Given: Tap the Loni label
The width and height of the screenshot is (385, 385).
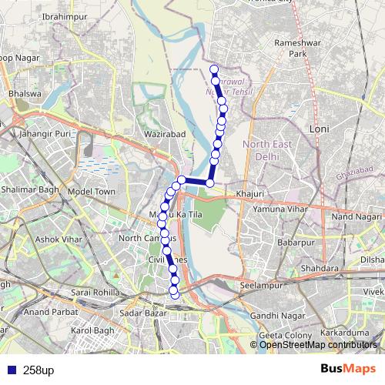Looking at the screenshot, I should pos(319,129).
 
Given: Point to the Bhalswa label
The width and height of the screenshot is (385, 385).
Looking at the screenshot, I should pos(22,94).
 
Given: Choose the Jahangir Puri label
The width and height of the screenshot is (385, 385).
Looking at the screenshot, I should pos(49,133).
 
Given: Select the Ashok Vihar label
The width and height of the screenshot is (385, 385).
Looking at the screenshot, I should pos(58,239).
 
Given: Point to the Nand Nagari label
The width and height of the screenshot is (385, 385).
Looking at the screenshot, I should pos(357,218).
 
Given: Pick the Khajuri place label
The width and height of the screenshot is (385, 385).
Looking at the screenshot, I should pos(251,193).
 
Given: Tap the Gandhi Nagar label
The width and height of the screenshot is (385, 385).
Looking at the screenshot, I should pos(273,316).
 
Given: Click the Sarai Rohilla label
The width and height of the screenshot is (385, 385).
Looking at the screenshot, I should pos(96,293).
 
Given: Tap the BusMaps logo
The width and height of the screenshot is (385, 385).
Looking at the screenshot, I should pos(346,370).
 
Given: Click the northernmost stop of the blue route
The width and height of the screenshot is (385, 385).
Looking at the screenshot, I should pos(214,69).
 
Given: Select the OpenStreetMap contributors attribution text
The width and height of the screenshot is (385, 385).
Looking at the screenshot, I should pos(318,344).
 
